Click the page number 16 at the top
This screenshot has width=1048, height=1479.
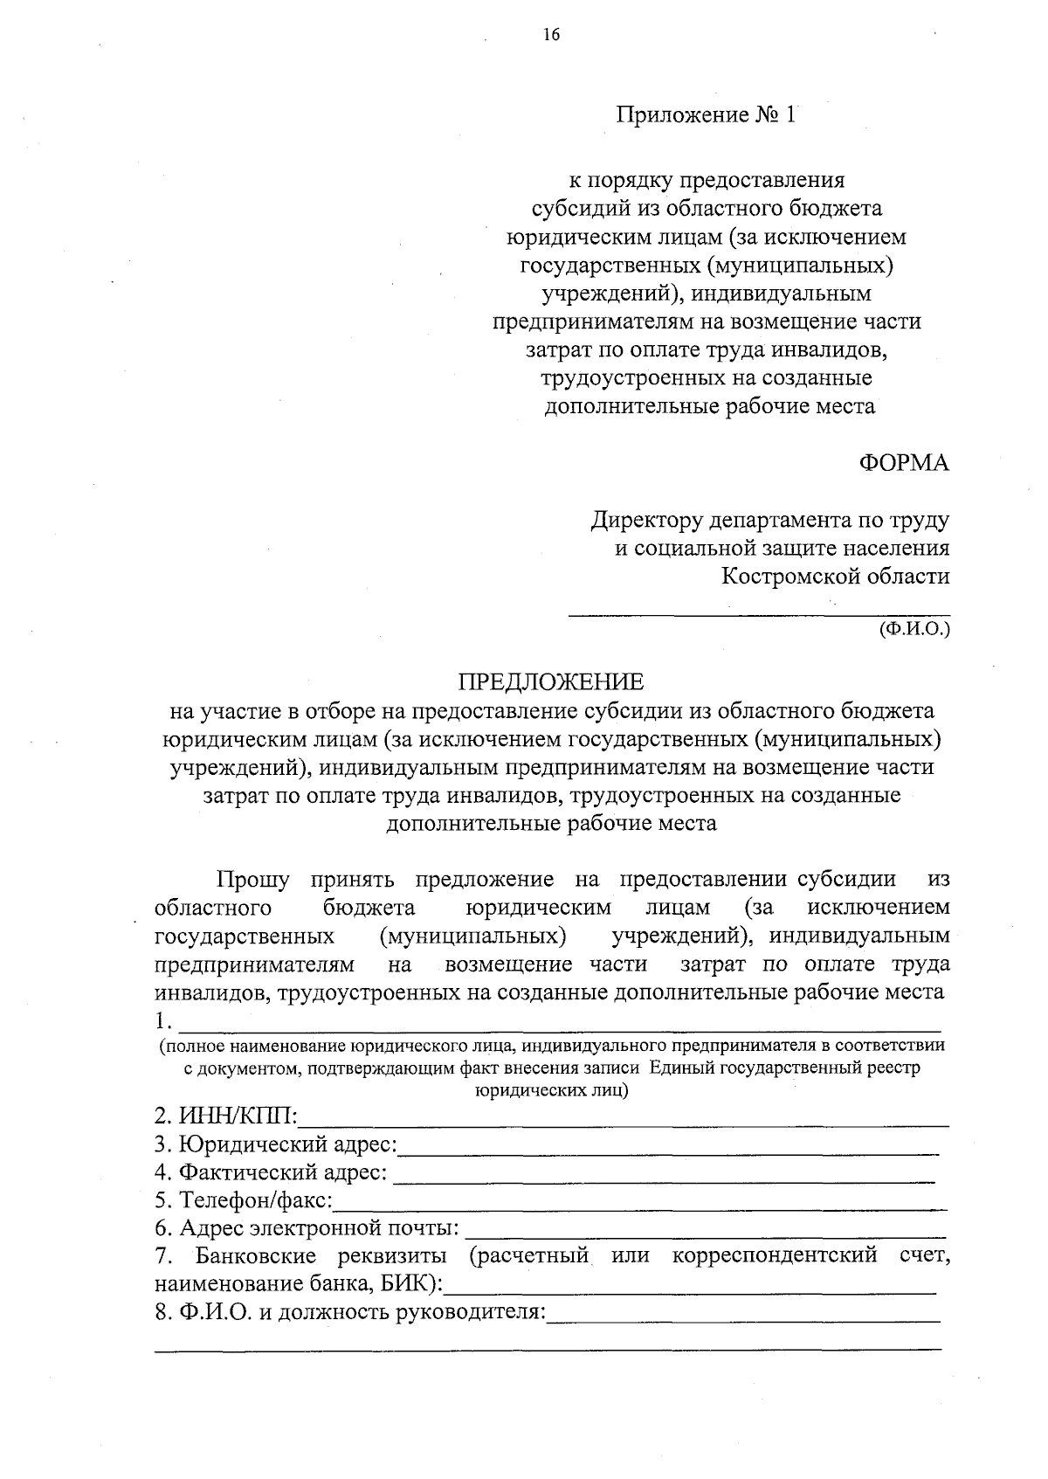(x=550, y=36)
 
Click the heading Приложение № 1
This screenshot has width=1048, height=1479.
(x=707, y=115)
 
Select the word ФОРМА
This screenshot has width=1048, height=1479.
(x=904, y=463)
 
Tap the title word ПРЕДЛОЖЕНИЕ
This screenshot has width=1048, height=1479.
(x=551, y=682)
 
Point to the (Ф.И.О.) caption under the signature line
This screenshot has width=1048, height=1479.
(x=914, y=628)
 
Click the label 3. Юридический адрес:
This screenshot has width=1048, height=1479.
(x=276, y=1144)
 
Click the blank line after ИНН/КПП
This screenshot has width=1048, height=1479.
(x=624, y=1123)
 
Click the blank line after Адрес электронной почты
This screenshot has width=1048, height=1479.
(x=706, y=1236)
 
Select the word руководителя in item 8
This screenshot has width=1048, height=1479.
(x=471, y=1312)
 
